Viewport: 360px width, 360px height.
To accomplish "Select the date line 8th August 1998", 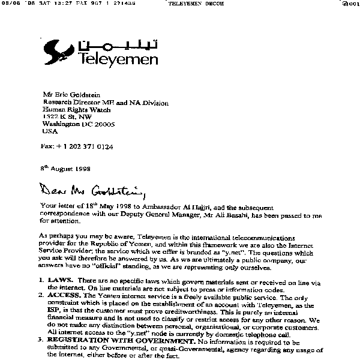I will coord(66,169).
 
